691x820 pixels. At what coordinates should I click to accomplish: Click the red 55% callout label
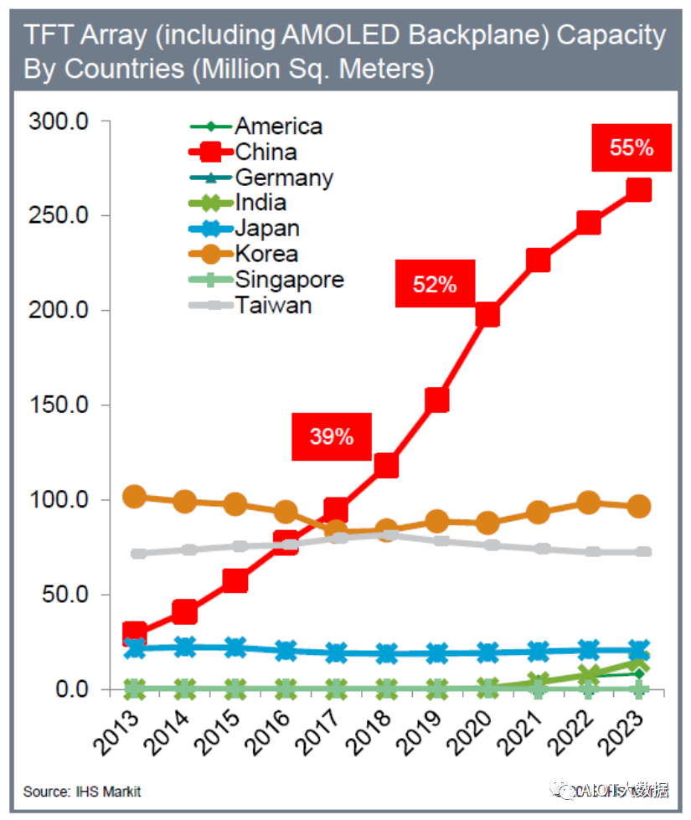632,147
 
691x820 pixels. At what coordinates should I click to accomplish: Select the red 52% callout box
435,284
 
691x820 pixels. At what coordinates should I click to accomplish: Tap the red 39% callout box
332,436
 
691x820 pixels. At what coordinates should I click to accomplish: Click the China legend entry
265,152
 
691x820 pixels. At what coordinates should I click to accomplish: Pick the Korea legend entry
266,253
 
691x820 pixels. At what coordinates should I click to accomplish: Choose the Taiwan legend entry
273,304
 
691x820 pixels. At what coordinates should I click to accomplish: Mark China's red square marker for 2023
639,191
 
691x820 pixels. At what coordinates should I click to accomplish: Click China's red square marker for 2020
487,315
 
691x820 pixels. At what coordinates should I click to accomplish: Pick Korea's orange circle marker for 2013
135,497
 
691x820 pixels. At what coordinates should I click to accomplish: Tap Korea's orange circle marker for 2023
639,506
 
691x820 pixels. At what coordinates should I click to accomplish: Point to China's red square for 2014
185,612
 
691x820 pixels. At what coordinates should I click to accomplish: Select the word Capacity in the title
611,35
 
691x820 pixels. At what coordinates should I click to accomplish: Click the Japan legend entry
266,228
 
